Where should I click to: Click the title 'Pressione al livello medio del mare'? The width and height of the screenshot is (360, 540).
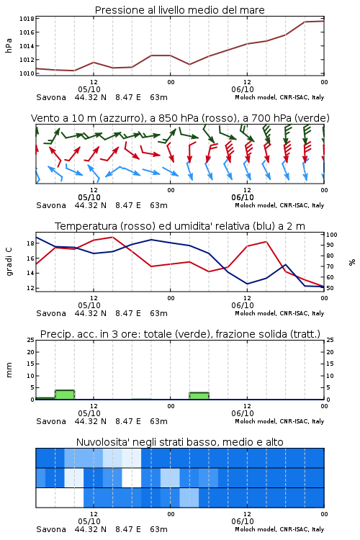coord(179,10)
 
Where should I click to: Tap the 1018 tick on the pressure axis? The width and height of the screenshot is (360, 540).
coord(27,19)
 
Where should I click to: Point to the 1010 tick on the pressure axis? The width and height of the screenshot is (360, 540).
coord(27,73)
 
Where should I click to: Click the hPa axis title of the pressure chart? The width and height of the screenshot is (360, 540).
coord(9,45)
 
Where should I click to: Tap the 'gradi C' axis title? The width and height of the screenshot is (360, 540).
coord(9,261)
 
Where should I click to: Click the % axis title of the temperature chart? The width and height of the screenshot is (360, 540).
coord(352,262)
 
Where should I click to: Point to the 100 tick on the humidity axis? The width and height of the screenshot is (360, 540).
coord(332,235)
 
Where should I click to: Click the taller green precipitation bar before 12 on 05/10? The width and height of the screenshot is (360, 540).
coord(65,395)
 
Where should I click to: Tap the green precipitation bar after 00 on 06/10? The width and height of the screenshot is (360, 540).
coord(199,396)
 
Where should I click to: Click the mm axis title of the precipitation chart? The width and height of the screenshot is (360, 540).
coord(9,370)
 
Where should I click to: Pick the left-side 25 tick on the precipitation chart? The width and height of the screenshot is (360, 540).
coord(31,340)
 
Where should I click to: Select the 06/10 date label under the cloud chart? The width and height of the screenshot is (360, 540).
coord(243,521)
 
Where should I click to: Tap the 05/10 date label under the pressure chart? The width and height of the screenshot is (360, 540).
coord(89,89)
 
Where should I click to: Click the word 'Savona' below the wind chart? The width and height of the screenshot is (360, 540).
coord(51,206)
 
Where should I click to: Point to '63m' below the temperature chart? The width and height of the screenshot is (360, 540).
coord(159,313)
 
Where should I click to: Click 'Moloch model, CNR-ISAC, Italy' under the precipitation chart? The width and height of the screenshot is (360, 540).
coord(279,421)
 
